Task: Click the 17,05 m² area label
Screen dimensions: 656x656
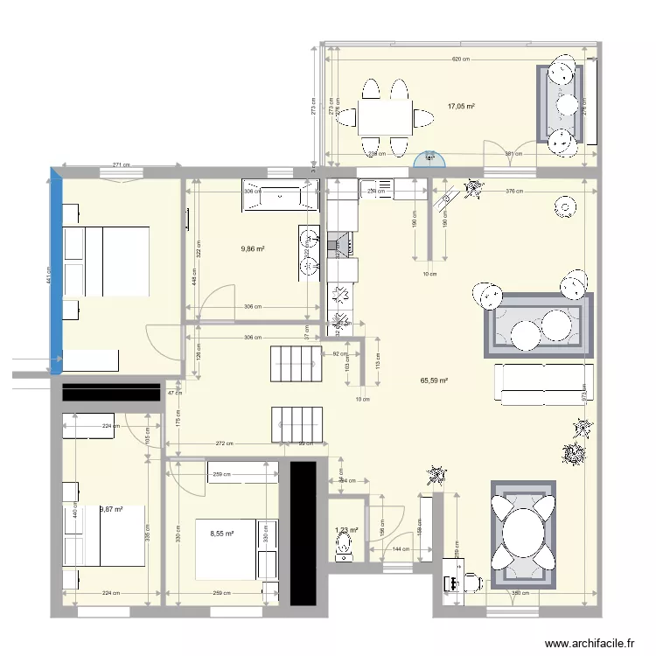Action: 461,107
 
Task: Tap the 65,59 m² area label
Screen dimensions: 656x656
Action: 434,381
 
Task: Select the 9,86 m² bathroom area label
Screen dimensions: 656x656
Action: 253,248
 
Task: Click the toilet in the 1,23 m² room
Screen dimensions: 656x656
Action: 345,547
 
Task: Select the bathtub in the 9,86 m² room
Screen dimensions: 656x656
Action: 279,199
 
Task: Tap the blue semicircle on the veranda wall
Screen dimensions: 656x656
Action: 429,160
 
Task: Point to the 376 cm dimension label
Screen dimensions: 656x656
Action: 514,191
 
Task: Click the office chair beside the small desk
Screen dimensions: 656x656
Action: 472,579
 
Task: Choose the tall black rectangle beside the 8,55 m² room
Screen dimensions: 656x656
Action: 302,533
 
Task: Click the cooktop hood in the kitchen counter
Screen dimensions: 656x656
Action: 339,243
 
